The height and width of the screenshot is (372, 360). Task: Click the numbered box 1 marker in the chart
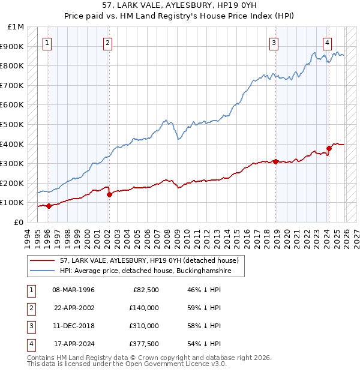coord(47,43)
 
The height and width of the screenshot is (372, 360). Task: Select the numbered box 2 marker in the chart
coord(107,43)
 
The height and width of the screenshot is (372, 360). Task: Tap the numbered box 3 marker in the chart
coord(274,43)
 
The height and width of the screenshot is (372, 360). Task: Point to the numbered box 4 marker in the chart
coord(327,43)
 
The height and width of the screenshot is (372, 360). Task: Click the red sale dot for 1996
coord(49,206)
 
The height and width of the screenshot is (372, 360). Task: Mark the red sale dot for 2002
coord(109,194)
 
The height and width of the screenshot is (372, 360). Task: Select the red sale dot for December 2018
coord(275,161)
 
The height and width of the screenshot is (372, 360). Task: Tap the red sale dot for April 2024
coord(329,148)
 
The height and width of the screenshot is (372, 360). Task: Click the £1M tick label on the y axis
coord(17,27)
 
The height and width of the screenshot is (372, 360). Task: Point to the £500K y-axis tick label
coord(13,125)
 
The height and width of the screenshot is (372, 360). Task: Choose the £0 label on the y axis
coord(19,222)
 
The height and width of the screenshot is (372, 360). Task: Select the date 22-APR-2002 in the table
coord(74,308)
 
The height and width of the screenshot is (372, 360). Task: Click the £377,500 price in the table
coord(143,344)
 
